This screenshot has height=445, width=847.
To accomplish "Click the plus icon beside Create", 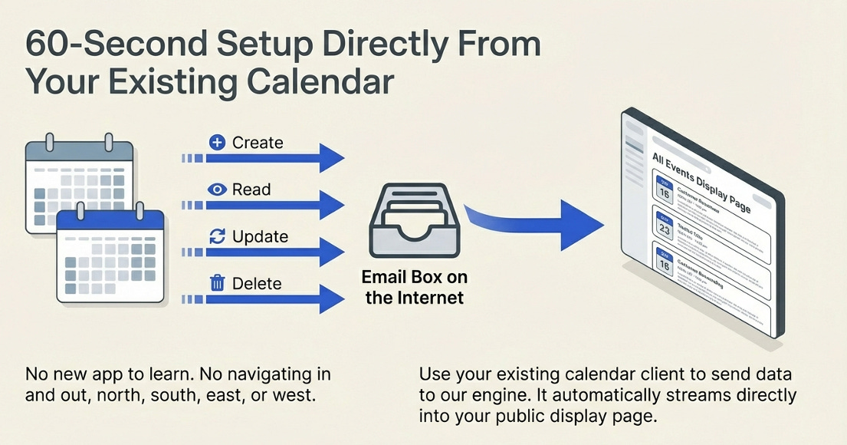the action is tap(218, 143).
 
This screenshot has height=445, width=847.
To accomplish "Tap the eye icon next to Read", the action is tap(218, 190).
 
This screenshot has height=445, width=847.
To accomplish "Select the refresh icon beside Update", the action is tap(218, 236).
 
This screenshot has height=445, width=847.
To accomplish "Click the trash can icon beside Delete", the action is tap(218, 283).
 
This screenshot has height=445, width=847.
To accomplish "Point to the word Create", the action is tap(258, 143).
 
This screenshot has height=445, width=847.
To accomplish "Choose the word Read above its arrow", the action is tap(251, 190).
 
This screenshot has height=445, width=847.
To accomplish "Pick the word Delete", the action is tap(257, 283).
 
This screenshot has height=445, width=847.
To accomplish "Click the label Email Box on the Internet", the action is tap(415, 287).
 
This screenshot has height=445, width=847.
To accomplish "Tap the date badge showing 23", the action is tap(665, 229).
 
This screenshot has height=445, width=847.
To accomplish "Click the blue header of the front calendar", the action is tap(110, 222).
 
